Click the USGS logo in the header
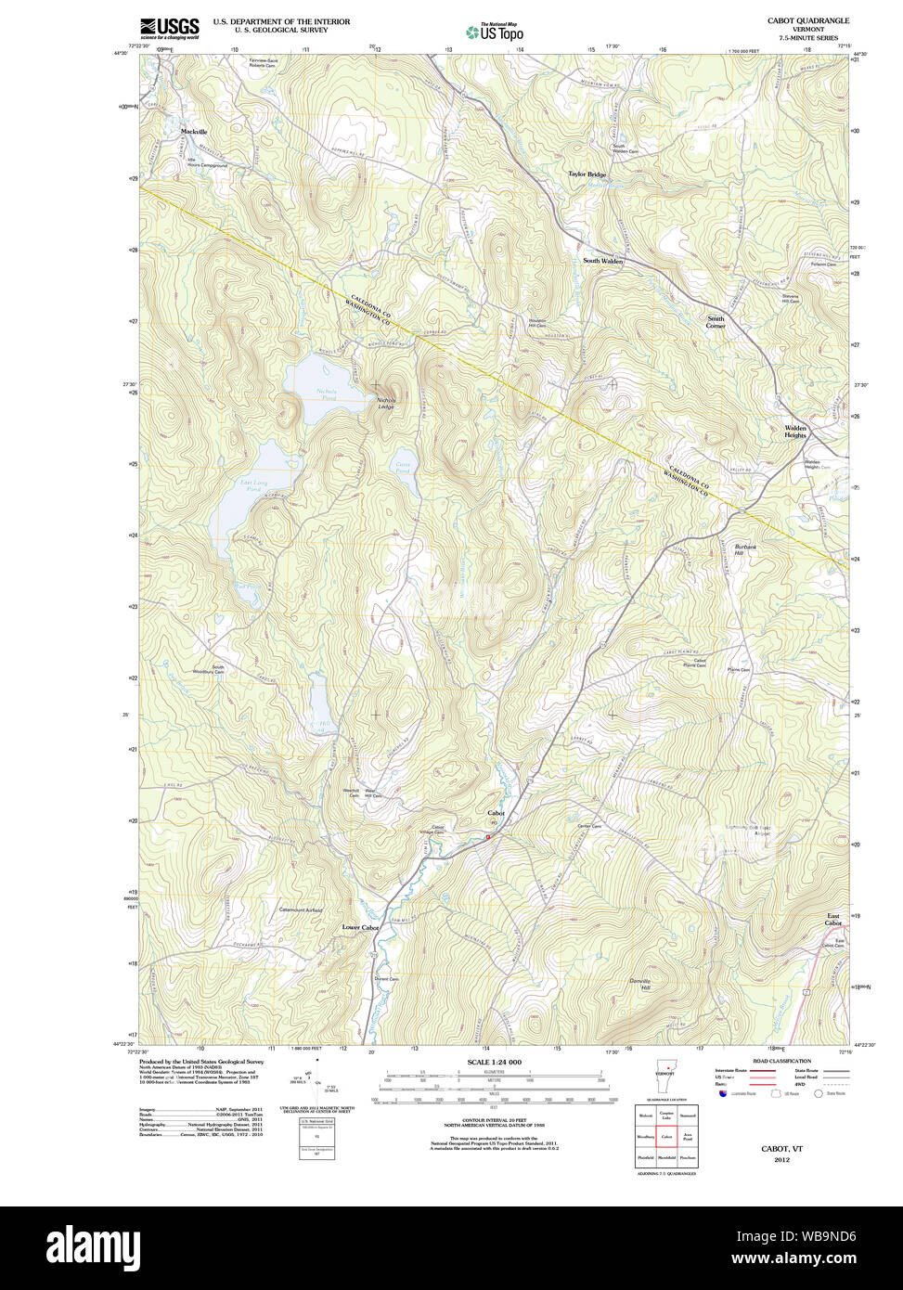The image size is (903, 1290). click(169, 28)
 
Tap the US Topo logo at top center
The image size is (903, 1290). click(496, 32)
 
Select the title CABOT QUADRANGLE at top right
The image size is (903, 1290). click(807, 20)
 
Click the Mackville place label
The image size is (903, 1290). click(194, 132)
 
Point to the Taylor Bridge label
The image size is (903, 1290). click(587, 174)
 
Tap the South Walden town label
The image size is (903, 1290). click(603, 262)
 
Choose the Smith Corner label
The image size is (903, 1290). click(716, 322)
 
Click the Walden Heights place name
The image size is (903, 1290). click(795, 432)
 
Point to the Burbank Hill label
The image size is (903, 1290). click(746, 550)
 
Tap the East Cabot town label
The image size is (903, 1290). click(833, 920)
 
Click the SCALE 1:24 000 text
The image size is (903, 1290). click(495, 1062)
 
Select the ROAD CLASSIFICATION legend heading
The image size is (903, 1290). click(781, 1061)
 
